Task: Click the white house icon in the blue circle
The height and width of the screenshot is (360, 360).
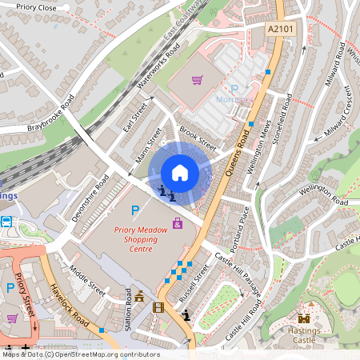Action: point(180,173)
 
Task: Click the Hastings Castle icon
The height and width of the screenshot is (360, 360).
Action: point(304,318)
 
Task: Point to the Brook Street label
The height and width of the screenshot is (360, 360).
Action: point(198,134)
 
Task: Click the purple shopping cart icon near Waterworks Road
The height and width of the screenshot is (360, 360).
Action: point(197,80)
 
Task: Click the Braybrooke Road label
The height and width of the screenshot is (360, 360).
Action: point(50,114)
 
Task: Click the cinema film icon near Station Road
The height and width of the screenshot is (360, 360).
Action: point(158,307)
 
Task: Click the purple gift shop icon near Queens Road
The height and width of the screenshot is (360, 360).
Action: point(178,222)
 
